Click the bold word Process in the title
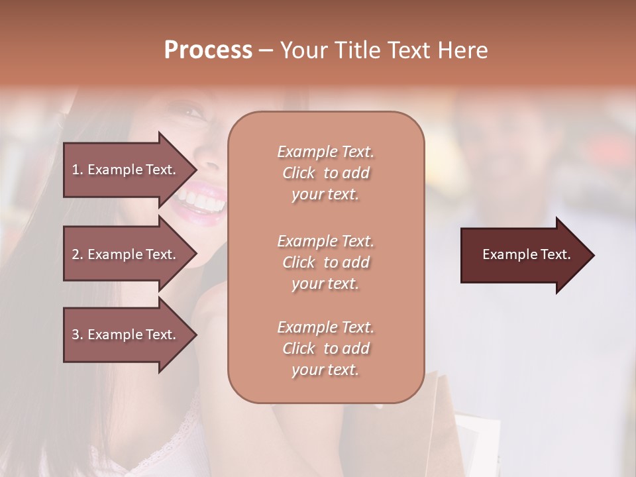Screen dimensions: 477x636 (x=208, y=50)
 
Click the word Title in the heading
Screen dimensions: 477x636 (x=360, y=50)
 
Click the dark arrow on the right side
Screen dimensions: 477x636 (x=523, y=255)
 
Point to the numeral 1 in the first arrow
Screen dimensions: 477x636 (x=76, y=170)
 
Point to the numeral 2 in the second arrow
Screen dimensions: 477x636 (x=76, y=254)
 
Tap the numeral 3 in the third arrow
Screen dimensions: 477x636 (x=76, y=335)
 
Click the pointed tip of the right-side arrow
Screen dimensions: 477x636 (x=592, y=255)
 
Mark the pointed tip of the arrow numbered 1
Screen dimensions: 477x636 (x=195, y=170)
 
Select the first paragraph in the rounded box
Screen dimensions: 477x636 (x=325, y=173)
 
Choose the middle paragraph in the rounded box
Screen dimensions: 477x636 (x=325, y=262)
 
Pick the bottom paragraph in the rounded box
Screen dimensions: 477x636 (x=325, y=348)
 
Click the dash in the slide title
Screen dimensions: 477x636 (x=266, y=50)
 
